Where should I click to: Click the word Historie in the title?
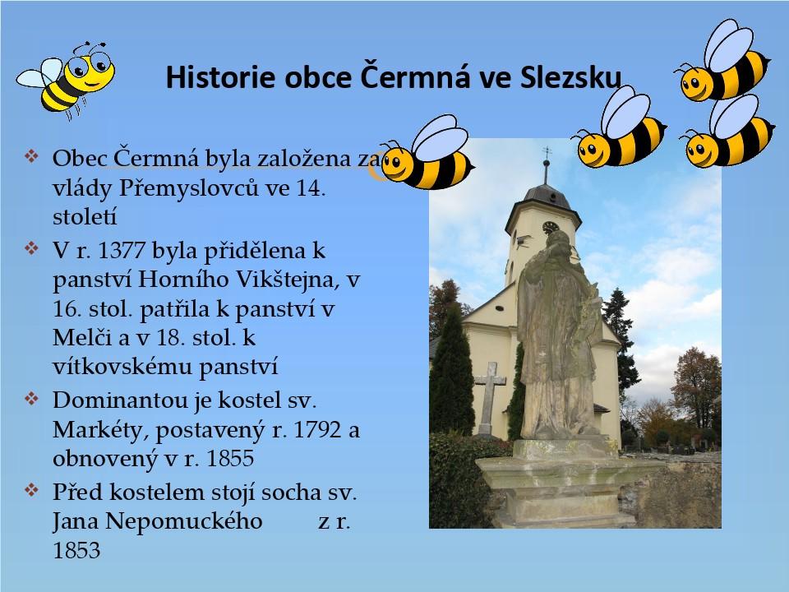click(220, 77)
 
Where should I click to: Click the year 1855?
click(230, 458)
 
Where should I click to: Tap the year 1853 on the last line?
click(76, 550)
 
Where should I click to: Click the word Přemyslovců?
click(189, 188)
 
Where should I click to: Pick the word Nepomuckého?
click(183, 522)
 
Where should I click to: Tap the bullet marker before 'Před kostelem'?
click(31, 490)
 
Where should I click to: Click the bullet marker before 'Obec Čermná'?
click(31, 155)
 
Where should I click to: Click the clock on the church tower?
click(550, 227)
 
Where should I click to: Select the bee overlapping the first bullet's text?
click(427, 153)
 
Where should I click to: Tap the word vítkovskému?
click(122, 367)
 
